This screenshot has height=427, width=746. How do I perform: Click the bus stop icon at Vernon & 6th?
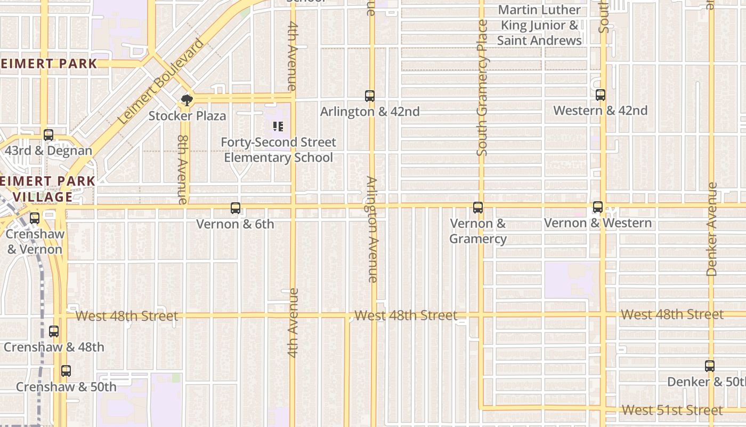235,208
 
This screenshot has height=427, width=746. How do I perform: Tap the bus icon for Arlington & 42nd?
370,96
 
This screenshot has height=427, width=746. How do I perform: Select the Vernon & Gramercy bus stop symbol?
478,208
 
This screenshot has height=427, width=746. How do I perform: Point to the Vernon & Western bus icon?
598,207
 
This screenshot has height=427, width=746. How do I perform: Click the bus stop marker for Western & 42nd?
601,95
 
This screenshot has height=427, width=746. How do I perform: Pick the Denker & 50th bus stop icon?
710,366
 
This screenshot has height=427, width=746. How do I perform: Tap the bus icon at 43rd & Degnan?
48,135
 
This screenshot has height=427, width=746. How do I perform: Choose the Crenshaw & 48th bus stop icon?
54,331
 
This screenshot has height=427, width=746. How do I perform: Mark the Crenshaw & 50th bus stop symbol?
66,371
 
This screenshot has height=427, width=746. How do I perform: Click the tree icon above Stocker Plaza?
186,100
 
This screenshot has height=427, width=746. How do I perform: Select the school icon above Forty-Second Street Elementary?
278,126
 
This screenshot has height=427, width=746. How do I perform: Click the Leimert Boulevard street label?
161,82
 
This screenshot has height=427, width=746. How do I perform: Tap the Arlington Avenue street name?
372,230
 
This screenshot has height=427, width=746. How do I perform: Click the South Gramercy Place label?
482,88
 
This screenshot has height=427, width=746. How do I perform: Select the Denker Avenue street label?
712,230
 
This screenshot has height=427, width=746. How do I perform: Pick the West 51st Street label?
672,410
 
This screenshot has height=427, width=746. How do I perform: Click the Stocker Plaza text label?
187,116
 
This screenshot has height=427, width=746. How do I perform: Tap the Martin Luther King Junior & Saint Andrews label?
539,25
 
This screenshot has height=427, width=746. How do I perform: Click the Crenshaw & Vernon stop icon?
35,218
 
